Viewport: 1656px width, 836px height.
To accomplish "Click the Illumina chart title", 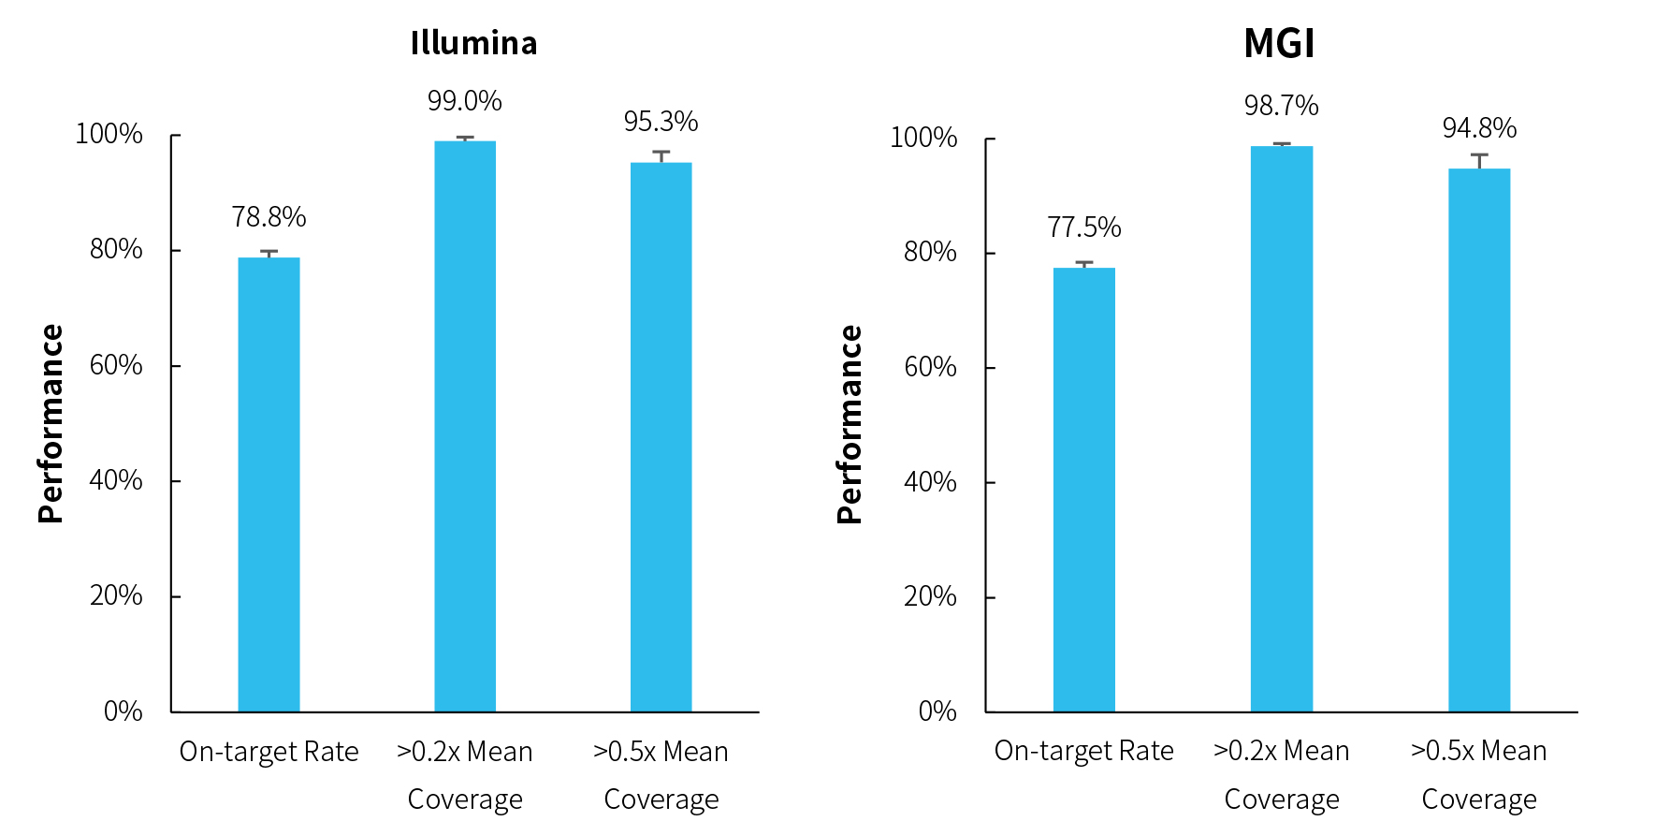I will pos(473,43).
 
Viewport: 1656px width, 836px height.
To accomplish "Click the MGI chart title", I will pos(1279,43).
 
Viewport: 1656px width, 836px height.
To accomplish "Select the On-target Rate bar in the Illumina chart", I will pos(269,484).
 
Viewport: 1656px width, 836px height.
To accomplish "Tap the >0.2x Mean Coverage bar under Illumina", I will pos(465,426).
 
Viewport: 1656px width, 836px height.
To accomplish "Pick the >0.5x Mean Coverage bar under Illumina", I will pos(661,437).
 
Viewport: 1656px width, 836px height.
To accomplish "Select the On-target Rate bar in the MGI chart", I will pos(1083,490).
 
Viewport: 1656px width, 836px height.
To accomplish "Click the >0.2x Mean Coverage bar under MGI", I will pos(1281,429).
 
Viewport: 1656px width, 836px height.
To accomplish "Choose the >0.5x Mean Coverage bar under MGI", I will pos(1478,440).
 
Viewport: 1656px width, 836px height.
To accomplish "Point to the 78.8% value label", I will pos(269,217).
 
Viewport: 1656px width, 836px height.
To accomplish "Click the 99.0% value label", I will pos(465,101).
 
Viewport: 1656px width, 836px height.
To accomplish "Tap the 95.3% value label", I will pos(661,122).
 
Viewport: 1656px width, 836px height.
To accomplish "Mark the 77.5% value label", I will pos(1083,227).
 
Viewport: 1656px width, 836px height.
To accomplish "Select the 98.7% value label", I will pos(1281,106).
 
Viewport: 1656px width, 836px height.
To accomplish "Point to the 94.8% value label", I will pos(1479,128).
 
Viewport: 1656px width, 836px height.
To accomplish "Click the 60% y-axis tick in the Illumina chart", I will pos(116,365).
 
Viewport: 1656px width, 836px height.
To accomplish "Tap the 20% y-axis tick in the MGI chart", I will pos(930,596).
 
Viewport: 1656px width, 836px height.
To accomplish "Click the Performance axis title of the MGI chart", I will pos(850,424).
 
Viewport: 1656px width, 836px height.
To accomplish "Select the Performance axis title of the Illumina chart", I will pos(51,423).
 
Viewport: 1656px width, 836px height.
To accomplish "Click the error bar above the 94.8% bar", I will pos(1479,160).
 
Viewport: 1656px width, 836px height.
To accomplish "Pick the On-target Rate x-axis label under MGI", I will pos(1083,751).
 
